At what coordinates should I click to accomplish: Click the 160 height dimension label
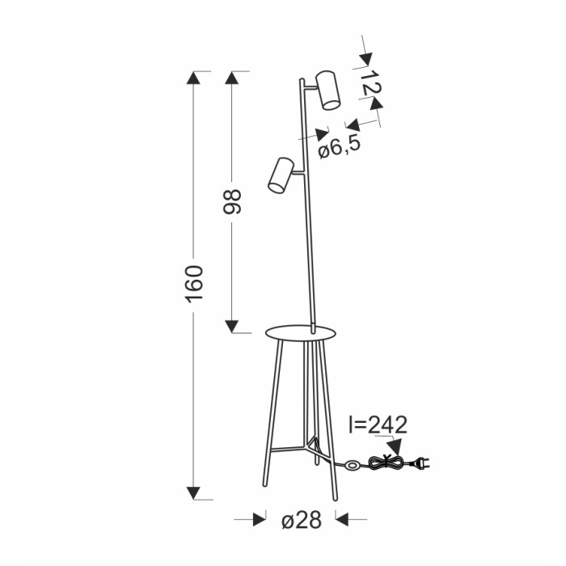[194, 284]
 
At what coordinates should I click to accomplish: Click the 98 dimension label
[232, 202]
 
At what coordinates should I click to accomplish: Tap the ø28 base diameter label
[302, 520]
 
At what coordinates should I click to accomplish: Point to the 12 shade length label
[370, 84]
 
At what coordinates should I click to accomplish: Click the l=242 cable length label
[378, 424]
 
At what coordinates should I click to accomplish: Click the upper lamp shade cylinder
[327, 91]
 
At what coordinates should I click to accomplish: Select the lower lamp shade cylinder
[281, 175]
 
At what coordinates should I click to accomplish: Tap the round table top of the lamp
[300, 333]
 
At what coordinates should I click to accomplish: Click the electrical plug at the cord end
[421, 463]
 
